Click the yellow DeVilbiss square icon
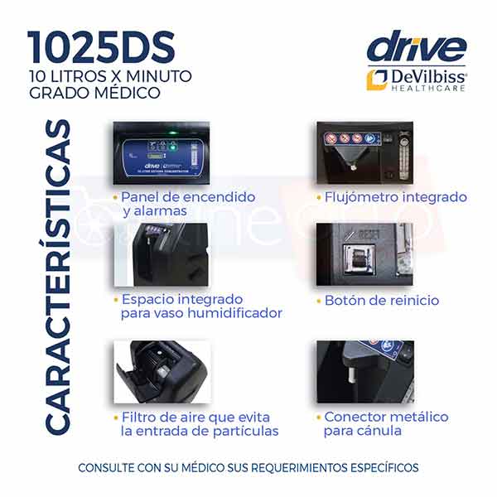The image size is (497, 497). coord(378,78)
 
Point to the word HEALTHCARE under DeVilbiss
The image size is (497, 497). coord(427,89)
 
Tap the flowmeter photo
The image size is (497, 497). coord(364,153)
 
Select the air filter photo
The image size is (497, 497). coord(161,371)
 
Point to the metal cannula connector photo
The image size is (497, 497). coord(364,371)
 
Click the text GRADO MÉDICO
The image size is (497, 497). coord(94,93)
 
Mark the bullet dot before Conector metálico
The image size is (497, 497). coord(317,417)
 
